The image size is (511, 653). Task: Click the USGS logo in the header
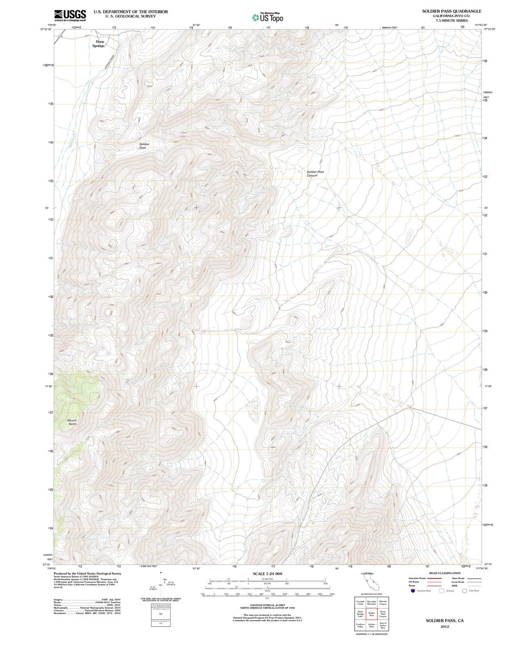point(70,15)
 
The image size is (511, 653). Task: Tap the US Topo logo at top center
point(268,18)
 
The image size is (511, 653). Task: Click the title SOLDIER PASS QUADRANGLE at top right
point(451,11)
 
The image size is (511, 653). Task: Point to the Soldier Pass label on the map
point(144,146)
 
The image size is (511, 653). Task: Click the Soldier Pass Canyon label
point(315,173)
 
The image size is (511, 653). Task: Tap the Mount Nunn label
point(72,422)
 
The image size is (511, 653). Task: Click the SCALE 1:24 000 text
point(267,574)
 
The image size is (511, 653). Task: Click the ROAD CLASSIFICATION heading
point(444,573)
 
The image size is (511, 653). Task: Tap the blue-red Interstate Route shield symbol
point(413,591)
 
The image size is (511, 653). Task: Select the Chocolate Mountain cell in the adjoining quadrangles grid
point(371,602)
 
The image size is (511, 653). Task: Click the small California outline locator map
point(372,582)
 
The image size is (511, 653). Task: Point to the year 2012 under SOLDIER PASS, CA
point(444,626)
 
